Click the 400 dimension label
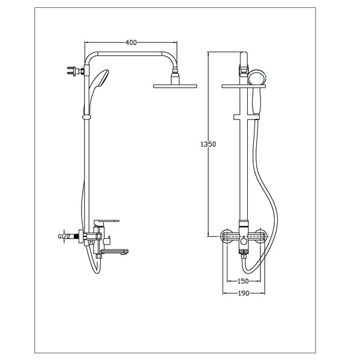coord(131,43)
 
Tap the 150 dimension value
coord(242,281)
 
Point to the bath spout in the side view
coord(120,252)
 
